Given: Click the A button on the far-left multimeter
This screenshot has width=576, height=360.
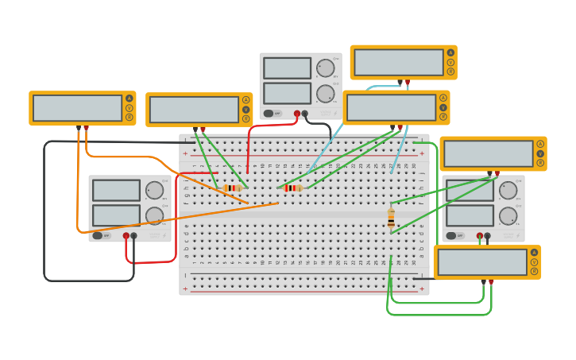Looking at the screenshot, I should pyautogui.click(x=129, y=99).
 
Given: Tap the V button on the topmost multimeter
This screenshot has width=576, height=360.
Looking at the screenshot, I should pyautogui.click(x=450, y=62).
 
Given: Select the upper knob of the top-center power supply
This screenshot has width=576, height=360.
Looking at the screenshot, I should pyautogui.click(x=325, y=68).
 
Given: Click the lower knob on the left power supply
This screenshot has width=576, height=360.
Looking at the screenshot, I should pyautogui.click(x=154, y=215).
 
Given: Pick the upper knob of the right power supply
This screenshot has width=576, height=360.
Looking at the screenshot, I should pyautogui.click(x=507, y=191).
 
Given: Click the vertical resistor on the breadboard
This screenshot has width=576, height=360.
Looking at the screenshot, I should pyautogui.click(x=391, y=218).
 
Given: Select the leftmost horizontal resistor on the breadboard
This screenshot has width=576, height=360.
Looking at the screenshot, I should pyautogui.click(x=232, y=188).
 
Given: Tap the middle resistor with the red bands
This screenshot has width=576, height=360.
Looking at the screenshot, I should pyautogui.click(x=292, y=188).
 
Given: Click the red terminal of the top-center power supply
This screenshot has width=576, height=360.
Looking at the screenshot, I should pyautogui.click(x=297, y=114).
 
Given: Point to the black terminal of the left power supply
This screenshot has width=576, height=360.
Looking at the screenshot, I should pyautogui.click(x=133, y=235).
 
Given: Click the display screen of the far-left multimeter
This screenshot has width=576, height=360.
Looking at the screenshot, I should pyautogui.click(x=77, y=108).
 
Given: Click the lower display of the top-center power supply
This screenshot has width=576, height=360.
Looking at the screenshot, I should pyautogui.click(x=287, y=94).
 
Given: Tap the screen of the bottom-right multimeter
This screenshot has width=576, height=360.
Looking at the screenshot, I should pyautogui.click(x=481, y=262).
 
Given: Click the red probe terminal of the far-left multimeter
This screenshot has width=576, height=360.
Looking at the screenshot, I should pyautogui.click(x=86, y=127).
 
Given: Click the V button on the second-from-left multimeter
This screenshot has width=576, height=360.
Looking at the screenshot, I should pyautogui.click(x=245, y=110).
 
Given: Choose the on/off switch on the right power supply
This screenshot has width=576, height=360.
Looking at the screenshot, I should pyautogui.click(x=452, y=235).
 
